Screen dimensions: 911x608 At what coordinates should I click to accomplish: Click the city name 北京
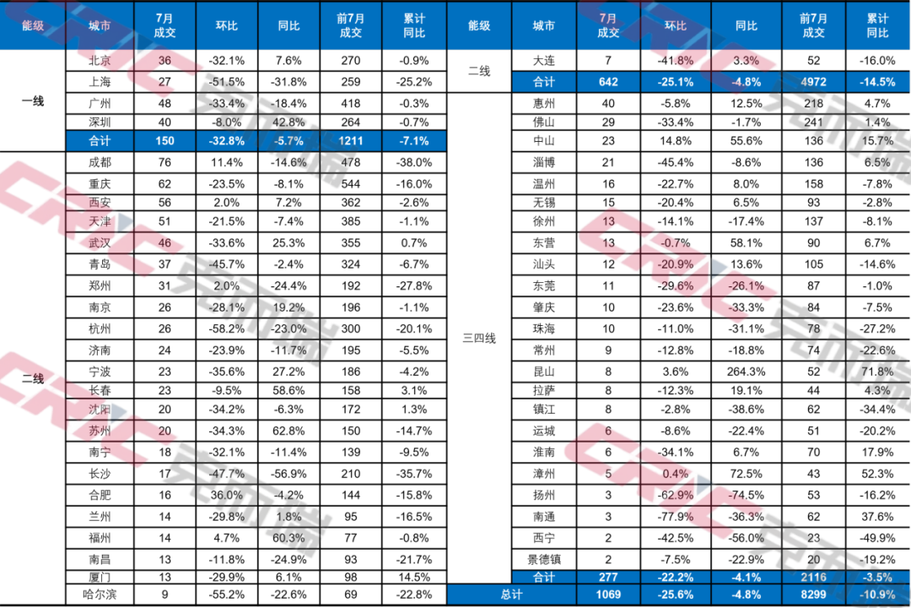[x=100, y=61]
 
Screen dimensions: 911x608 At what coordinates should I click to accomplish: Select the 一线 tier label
[x=33, y=101]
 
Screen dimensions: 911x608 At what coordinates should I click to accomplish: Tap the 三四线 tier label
[x=479, y=338]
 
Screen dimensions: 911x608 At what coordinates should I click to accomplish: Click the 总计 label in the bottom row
[x=512, y=594]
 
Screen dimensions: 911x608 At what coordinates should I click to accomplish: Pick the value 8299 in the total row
[x=813, y=594]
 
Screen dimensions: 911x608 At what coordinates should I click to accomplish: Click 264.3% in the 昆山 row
[x=746, y=372]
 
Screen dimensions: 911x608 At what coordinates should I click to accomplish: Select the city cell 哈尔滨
[x=100, y=594]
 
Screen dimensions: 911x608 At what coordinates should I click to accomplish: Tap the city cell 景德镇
[x=544, y=560]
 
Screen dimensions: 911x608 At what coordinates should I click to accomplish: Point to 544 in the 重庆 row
[x=351, y=184]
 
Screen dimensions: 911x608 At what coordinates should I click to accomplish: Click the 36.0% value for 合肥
[x=227, y=495]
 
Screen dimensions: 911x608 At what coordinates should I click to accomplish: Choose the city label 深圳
[x=100, y=122]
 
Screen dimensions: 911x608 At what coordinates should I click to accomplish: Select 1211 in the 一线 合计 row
[x=351, y=141]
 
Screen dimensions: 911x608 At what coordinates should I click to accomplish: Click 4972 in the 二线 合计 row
[x=813, y=82]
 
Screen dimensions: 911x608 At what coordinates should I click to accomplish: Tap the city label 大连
[x=544, y=61]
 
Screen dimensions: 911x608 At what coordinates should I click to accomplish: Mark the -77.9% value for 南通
[x=675, y=517]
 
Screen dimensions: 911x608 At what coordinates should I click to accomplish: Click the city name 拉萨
[x=544, y=390]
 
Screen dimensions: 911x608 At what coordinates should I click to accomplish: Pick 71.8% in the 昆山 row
[x=877, y=372]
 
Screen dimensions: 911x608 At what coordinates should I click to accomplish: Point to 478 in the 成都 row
[x=351, y=162]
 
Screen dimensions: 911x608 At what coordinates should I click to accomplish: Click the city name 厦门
[x=100, y=577]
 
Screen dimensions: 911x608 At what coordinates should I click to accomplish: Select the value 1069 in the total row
[x=608, y=594]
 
